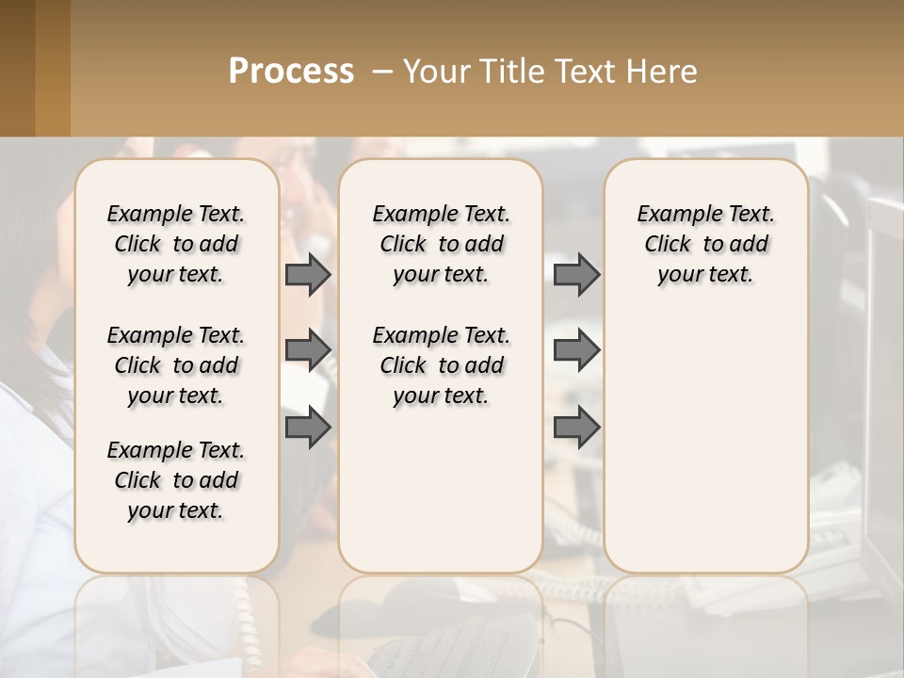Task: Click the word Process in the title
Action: coord(291,71)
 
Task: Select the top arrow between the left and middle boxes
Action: coord(308,274)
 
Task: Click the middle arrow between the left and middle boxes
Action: coord(308,351)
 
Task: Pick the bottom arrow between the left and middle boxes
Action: coord(308,428)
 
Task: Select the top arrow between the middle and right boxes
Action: coord(576,274)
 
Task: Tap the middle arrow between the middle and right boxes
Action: coord(576,351)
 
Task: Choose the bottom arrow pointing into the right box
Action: coord(576,428)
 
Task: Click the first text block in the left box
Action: coord(176,244)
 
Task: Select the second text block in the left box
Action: coord(176,365)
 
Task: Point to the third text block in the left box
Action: coord(176,480)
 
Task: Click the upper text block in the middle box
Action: coord(441,244)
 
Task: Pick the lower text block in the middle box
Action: coord(441,365)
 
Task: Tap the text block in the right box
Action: coord(705,244)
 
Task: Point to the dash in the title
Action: coord(382,72)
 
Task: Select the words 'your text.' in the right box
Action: coord(705,275)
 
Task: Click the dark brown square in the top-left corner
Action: coord(17,68)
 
